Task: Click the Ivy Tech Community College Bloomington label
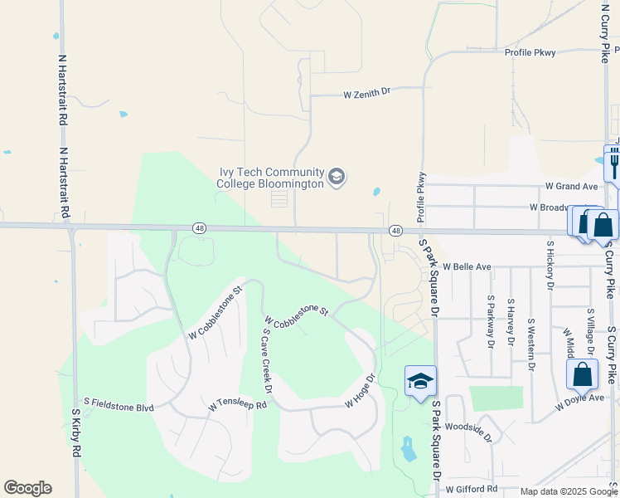[x=270, y=178]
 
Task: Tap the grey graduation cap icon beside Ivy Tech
[x=337, y=177]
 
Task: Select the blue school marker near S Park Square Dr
[x=420, y=381]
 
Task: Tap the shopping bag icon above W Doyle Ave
[x=583, y=374]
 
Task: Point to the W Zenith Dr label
[x=366, y=95]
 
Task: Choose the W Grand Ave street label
[x=571, y=187]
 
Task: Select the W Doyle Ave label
[x=579, y=398]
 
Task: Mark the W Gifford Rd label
[x=471, y=490]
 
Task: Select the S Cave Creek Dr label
[x=267, y=360]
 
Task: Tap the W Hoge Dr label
[x=361, y=390]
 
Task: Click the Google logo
[x=27, y=488]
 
